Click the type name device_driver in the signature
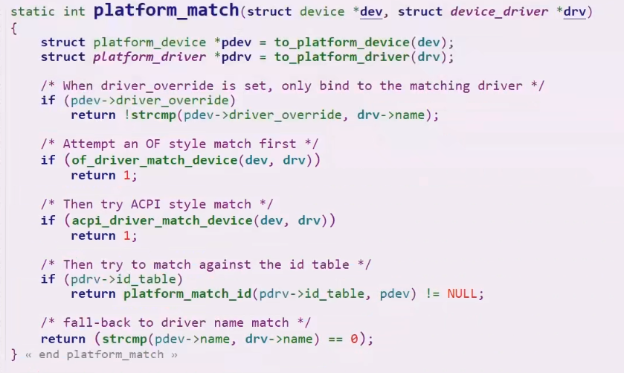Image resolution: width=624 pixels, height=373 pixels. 496,13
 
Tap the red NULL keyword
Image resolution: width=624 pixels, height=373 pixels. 465,293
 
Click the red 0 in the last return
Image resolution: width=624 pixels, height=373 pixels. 354,339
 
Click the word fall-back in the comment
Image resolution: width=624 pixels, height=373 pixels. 93,322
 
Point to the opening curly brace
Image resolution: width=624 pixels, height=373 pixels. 14,27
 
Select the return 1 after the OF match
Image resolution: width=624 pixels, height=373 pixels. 103,176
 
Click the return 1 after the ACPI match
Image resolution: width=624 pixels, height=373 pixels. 103,235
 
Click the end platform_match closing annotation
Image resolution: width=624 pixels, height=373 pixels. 101,354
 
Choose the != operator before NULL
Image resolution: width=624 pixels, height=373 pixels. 433,293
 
